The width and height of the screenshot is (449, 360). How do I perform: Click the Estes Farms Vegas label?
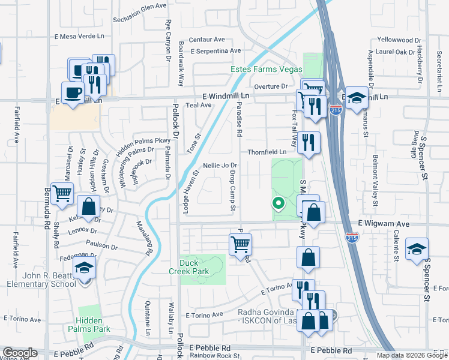[x=267, y=69]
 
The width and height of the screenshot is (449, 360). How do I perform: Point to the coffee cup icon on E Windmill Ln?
[x=73, y=93]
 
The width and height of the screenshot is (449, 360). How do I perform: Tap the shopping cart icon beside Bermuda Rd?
[x=62, y=193]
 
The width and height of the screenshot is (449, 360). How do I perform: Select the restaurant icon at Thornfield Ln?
[x=309, y=143]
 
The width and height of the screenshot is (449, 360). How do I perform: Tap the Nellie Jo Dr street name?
[x=221, y=165]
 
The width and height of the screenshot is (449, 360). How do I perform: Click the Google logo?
[x=20, y=353]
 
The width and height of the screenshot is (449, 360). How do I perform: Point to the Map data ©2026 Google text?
[x=412, y=355]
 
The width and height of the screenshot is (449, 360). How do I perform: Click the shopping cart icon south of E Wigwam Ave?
[x=240, y=244]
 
